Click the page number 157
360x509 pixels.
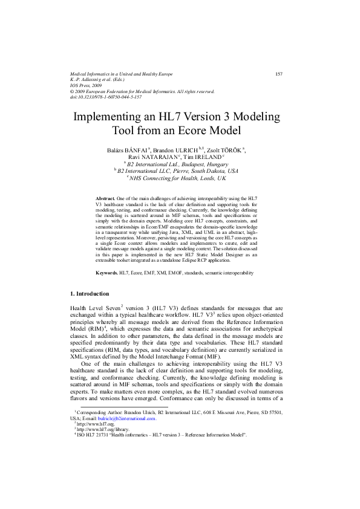(280, 74)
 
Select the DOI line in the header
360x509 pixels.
(106, 97)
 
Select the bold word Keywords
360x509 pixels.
(107, 274)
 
